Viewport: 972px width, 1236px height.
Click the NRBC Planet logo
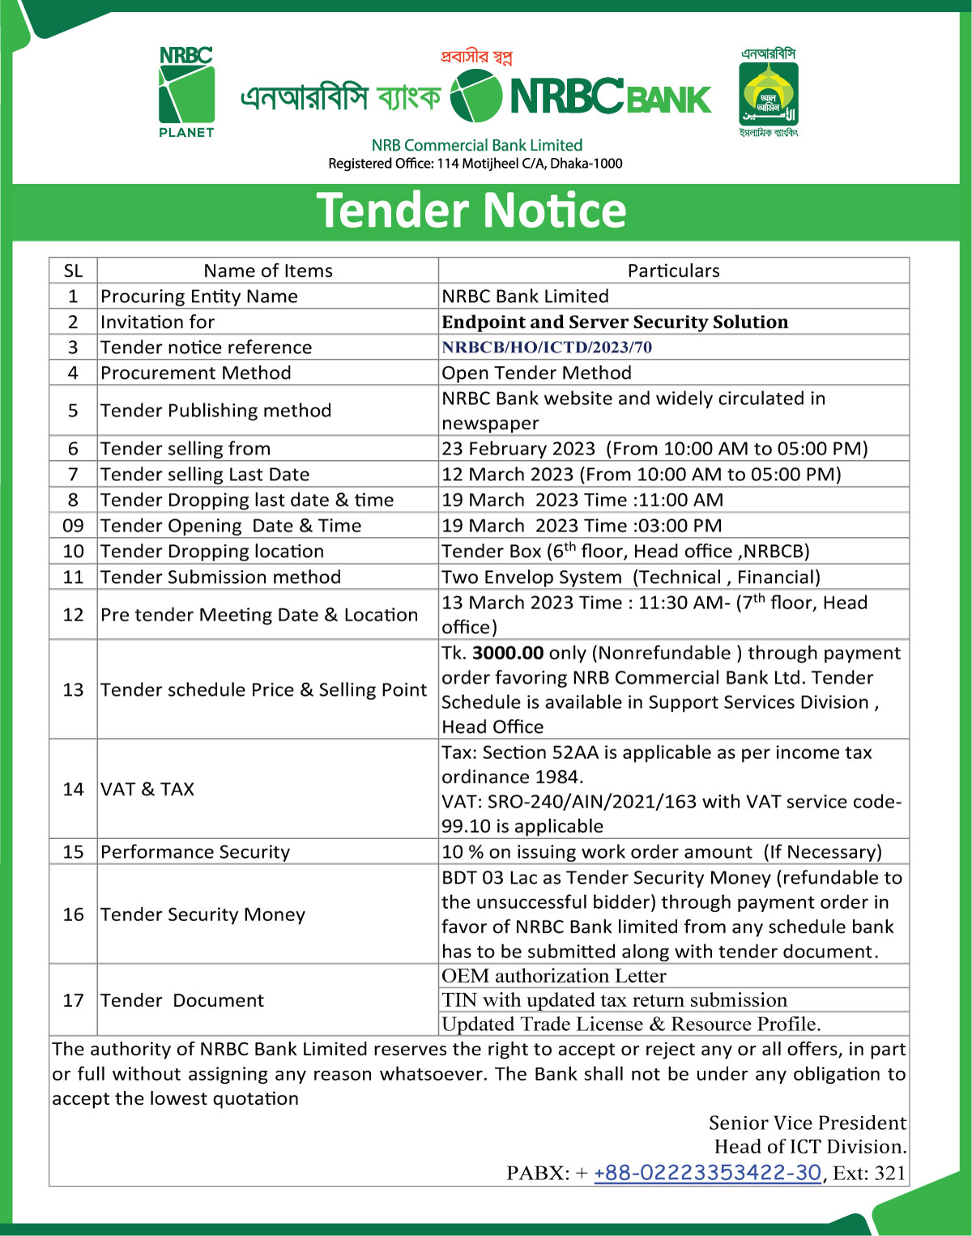(186, 92)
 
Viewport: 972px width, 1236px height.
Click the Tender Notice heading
(471, 211)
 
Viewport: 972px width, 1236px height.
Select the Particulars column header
(673, 271)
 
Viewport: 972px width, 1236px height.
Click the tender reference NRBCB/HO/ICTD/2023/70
(547, 347)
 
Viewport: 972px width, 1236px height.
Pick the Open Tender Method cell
(536, 373)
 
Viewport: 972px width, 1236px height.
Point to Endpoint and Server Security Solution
(615, 322)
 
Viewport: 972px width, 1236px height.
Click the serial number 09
(73, 526)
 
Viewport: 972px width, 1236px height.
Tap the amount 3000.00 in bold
(508, 653)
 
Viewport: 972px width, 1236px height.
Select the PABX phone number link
(707, 1173)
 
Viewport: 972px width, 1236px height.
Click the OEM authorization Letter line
(554, 976)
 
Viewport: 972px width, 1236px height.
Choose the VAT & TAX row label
(147, 789)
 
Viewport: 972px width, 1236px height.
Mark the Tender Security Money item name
(202, 914)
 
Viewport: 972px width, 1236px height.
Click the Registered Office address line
(475, 164)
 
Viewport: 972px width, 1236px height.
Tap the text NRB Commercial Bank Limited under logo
(477, 145)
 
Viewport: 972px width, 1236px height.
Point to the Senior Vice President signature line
(807, 1123)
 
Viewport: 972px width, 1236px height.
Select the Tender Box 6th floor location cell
(625, 552)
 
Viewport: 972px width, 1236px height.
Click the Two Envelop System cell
(631, 577)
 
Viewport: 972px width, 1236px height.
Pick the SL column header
(73, 271)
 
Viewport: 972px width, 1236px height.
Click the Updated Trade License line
(631, 1024)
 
